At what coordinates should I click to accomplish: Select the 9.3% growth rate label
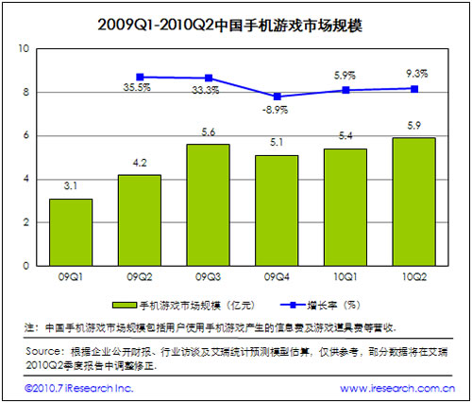(414, 72)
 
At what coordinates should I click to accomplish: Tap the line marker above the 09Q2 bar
(140, 77)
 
